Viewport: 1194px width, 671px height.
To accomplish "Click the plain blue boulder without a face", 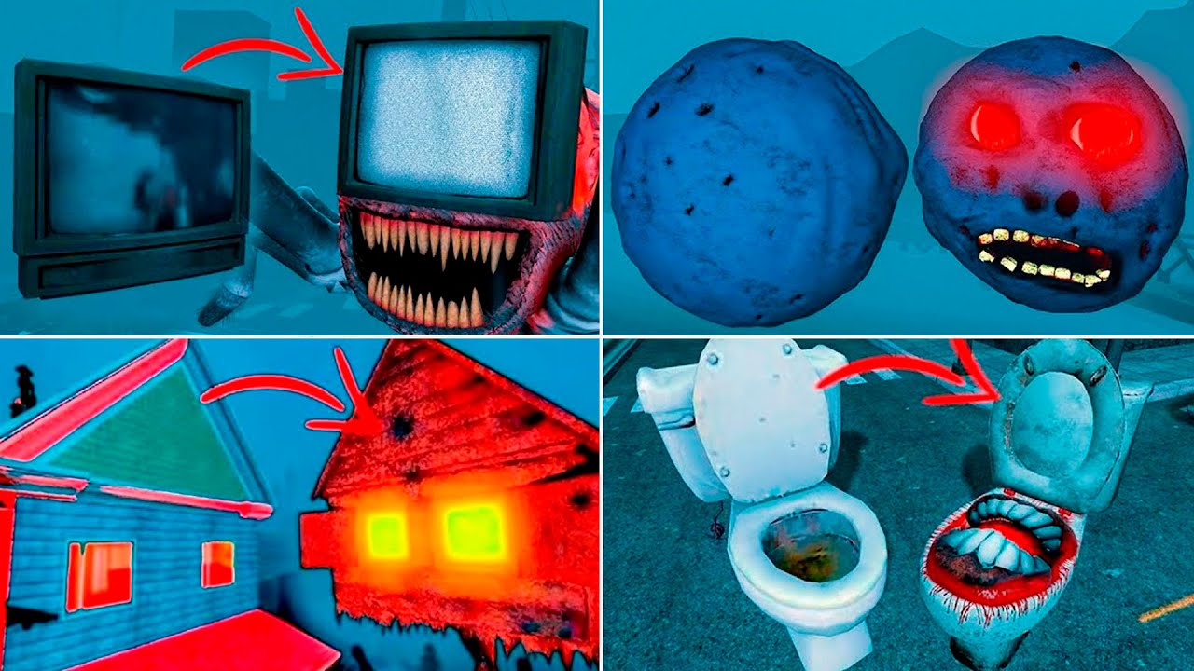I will tap(757, 183).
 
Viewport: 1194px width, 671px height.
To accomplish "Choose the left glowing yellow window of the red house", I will tap(385, 534).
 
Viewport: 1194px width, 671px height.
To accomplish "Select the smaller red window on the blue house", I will tap(217, 564).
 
